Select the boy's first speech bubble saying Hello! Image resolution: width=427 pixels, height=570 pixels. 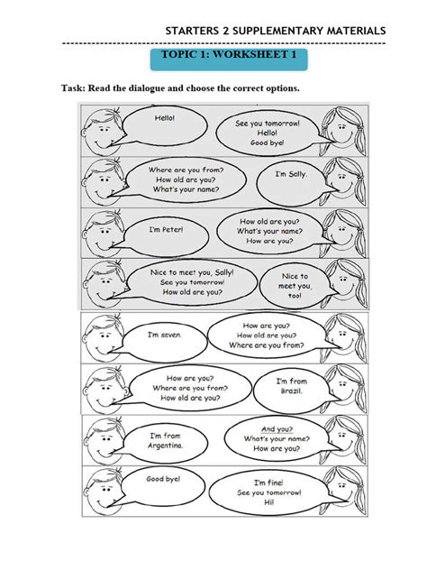166,118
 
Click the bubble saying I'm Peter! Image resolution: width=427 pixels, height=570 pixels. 167,229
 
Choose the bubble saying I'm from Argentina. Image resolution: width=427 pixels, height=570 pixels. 167,441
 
